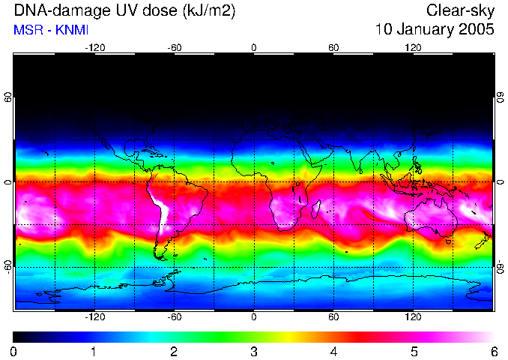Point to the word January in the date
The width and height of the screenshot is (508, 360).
tap(429, 30)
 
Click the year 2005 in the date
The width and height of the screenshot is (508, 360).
tap(477, 30)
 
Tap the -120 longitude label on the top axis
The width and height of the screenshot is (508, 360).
tap(94, 47)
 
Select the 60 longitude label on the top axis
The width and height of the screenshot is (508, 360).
tap(333, 47)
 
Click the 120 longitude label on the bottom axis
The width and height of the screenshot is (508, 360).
tap(413, 316)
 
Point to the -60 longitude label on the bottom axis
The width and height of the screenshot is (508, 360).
tap(174, 316)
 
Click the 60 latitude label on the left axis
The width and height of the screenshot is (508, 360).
tap(8, 97)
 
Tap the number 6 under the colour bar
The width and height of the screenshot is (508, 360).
tap(493, 351)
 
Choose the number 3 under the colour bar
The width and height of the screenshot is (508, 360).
tap(253, 351)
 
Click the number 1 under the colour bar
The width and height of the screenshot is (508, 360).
tap(94, 351)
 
